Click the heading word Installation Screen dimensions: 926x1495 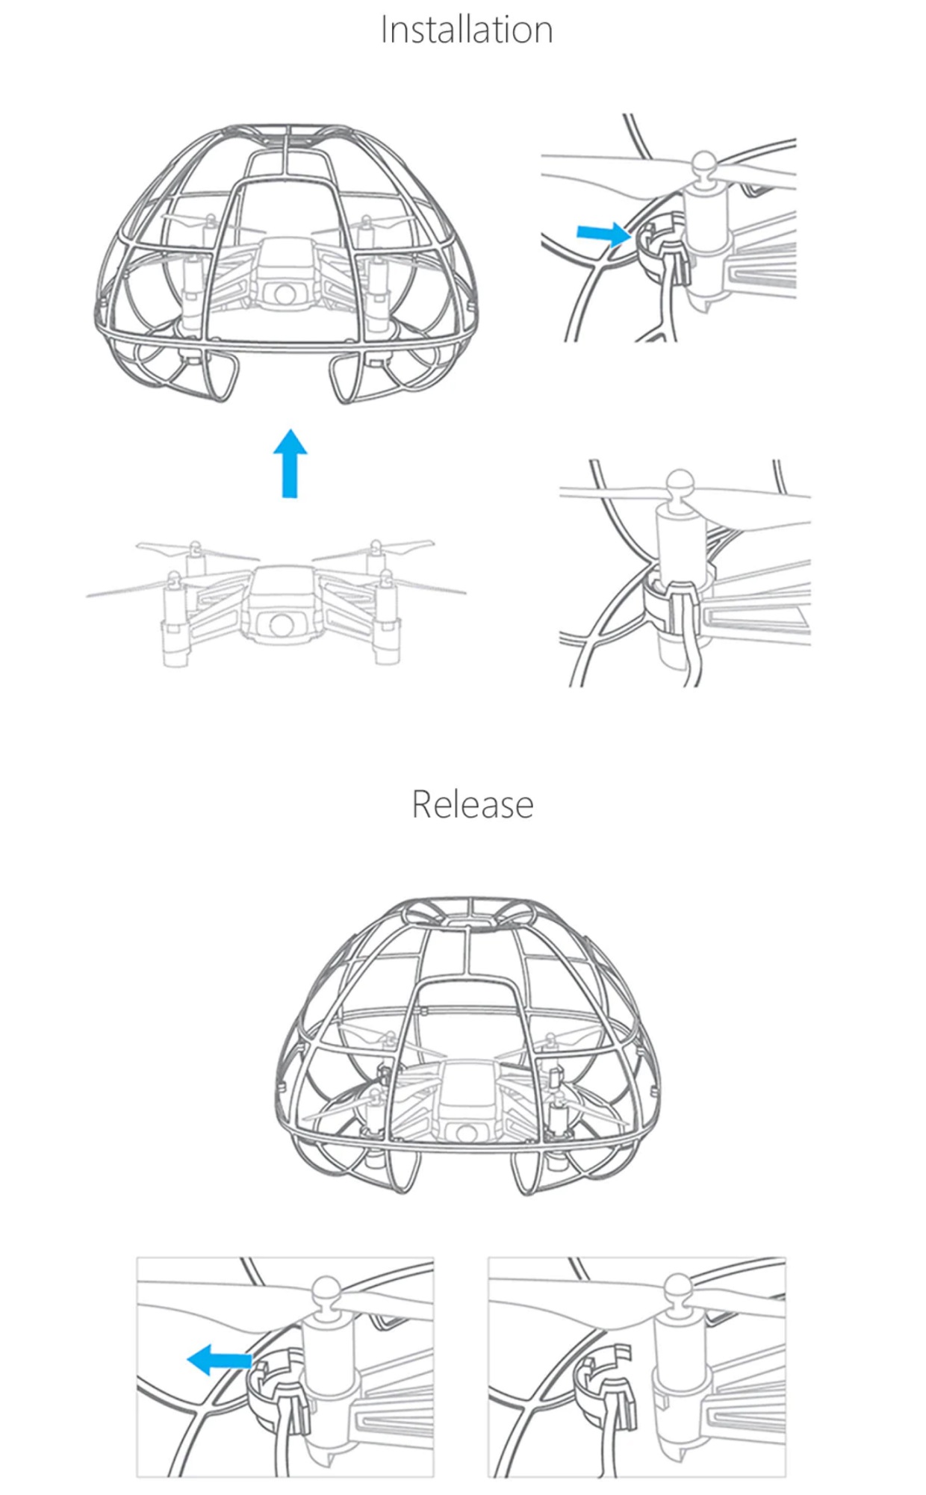(467, 30)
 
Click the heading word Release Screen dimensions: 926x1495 (473, 804)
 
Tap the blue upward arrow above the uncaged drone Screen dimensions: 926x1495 (290, 463)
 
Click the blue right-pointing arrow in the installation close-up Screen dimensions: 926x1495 (603, 234)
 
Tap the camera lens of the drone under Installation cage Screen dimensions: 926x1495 (285, 293)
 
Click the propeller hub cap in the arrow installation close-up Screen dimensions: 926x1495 (704, 165)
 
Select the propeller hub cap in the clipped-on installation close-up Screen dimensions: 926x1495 (680, 482)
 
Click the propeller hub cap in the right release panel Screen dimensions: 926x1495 (677, 1290)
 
